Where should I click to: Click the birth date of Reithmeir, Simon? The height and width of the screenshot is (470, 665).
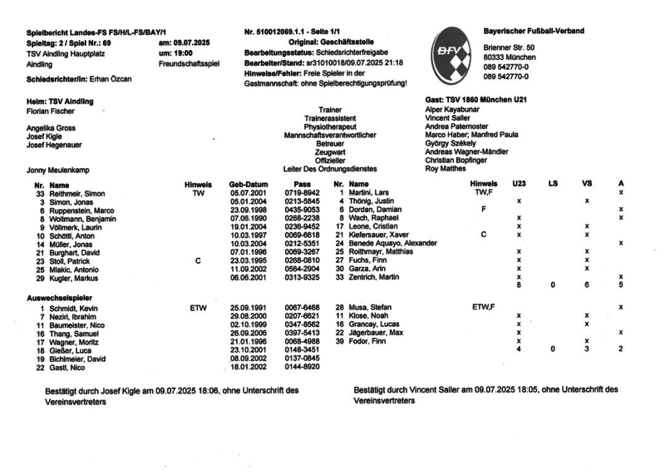[248, 192]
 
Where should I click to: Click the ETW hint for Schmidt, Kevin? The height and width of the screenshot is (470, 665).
[198, 308]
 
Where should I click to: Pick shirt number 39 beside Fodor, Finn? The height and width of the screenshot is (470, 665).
[339, 341]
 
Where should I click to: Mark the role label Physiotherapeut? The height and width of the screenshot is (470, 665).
[329, 126]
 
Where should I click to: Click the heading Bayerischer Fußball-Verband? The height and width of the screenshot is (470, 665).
[534, 31]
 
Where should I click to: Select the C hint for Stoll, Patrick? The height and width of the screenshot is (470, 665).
[198, 260]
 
